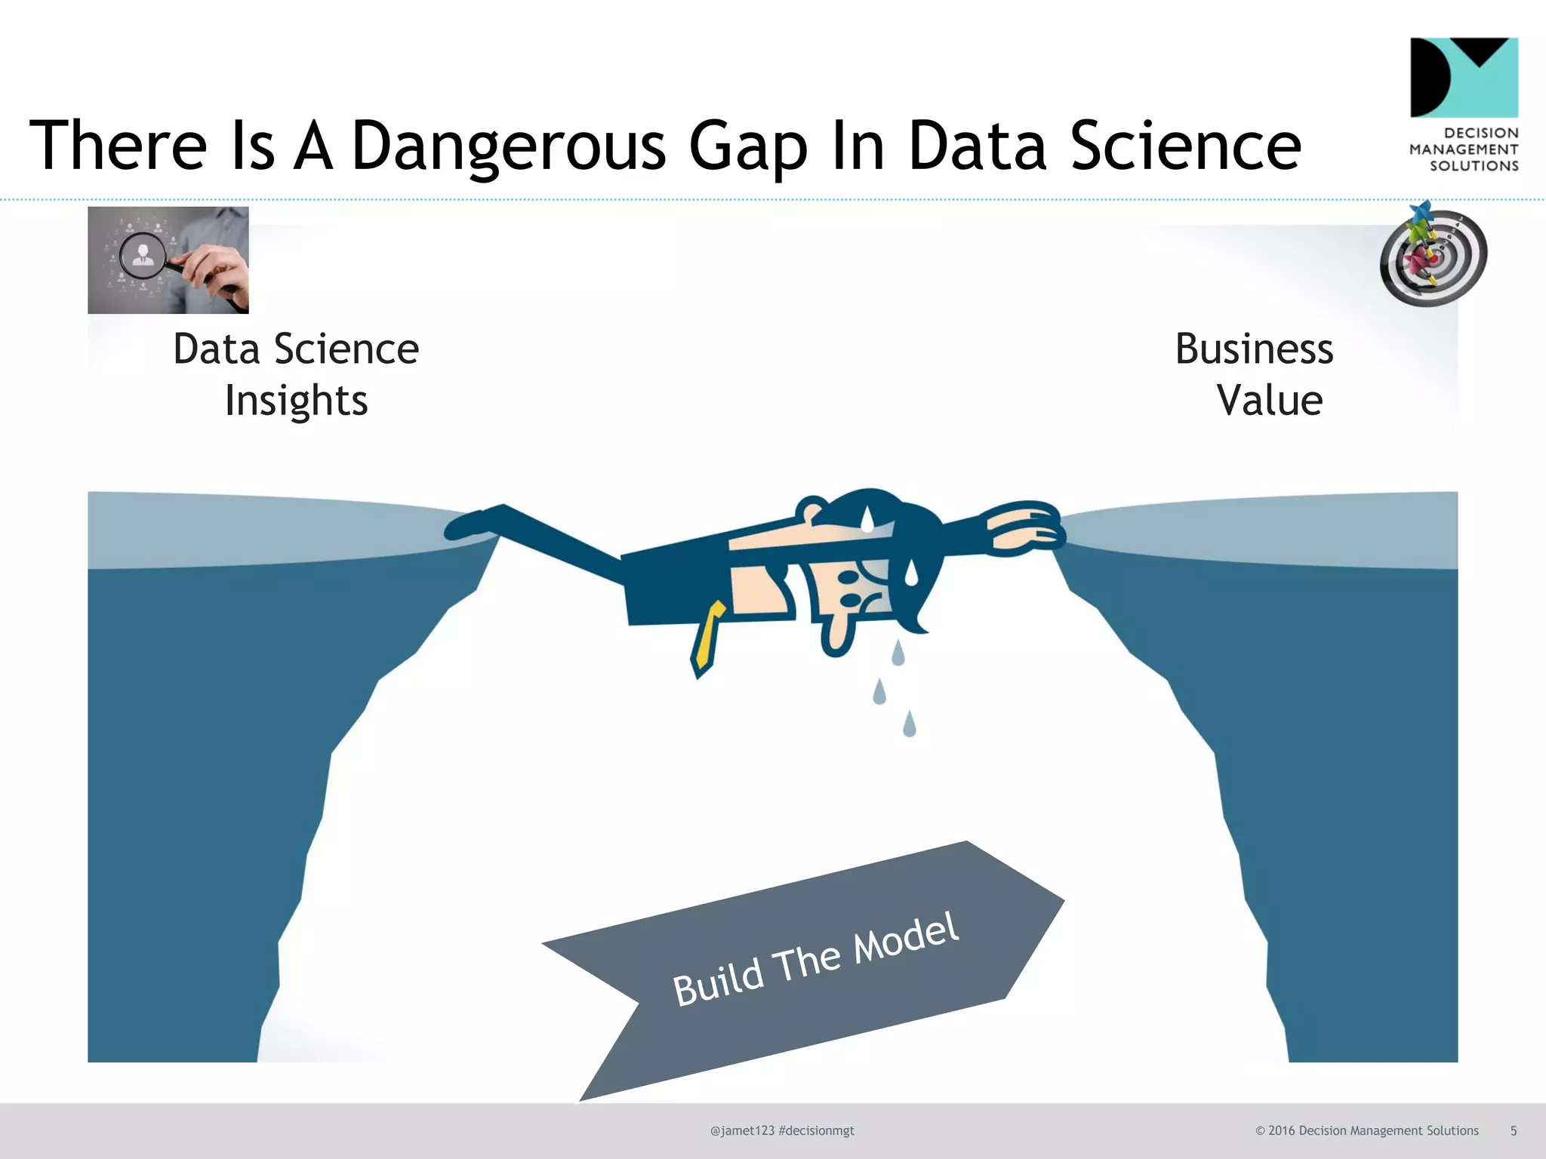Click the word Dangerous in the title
tap(509, 146)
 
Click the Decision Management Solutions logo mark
tap(1464, 78)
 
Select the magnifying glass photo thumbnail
tap(168, 260)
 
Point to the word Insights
tap(297, 401)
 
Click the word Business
tap(1254, 349)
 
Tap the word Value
tap(1270, 401)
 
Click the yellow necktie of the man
tap(708, 638)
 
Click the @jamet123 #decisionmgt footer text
tap(782, 1130)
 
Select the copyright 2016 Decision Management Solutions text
tap(1366, 1130)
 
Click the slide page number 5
tap(1513, 1130)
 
